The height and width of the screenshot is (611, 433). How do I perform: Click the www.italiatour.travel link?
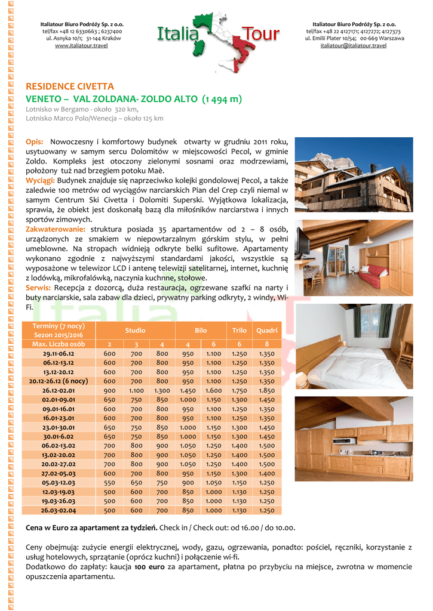(81, 45)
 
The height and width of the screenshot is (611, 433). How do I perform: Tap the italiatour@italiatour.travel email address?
(354, 45)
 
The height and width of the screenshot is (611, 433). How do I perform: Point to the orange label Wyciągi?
(41, 180)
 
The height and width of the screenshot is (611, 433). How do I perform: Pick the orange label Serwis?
(38, 288)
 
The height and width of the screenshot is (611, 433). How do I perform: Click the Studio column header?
(135, 330)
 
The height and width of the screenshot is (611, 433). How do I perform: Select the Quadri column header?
(266, 330)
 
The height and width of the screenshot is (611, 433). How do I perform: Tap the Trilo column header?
(239, 330)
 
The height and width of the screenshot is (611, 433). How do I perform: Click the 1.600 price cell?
(213, 390)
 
